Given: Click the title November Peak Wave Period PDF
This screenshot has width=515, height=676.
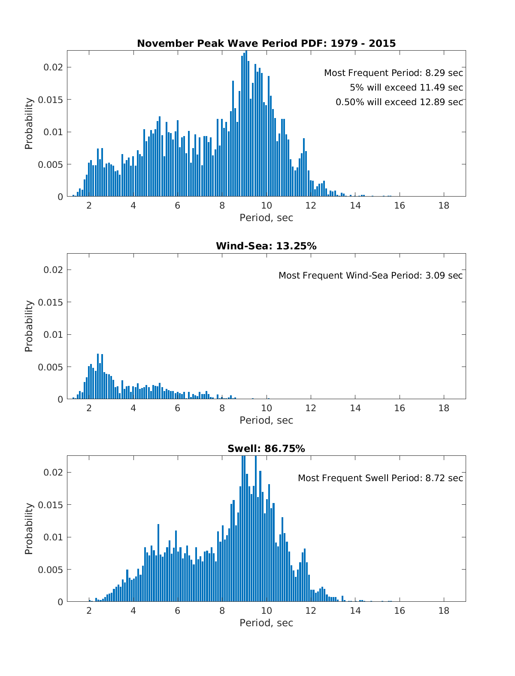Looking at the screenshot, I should point(266,43).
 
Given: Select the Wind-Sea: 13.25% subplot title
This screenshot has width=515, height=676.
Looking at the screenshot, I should point(266,246).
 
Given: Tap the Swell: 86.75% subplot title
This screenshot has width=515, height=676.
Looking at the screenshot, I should point(266,449).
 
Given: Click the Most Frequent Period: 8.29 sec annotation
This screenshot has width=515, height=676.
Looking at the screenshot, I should point(393,73).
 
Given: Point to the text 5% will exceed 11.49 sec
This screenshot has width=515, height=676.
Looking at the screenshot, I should point(406,88).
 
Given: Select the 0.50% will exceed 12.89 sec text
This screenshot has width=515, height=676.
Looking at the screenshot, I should point(399,102).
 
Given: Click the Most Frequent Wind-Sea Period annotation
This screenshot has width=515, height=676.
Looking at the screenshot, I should point(370,276).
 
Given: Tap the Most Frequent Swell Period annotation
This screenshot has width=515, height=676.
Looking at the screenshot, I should point(380,478).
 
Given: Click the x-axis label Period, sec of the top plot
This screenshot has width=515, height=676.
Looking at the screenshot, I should point(266,218).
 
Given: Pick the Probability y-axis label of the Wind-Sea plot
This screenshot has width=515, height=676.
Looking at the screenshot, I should point(29,326).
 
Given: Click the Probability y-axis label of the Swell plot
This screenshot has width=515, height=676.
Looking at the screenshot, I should point(29,529).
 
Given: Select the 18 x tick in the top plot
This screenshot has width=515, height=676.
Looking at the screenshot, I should point(444,205).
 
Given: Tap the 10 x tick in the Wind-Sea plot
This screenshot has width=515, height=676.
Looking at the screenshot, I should point(267,408).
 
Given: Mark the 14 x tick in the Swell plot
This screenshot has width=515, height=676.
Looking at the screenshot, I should point(355,610).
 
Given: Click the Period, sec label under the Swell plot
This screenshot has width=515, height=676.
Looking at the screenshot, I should point(266,623).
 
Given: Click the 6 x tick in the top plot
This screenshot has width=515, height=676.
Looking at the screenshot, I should point(177,205).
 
